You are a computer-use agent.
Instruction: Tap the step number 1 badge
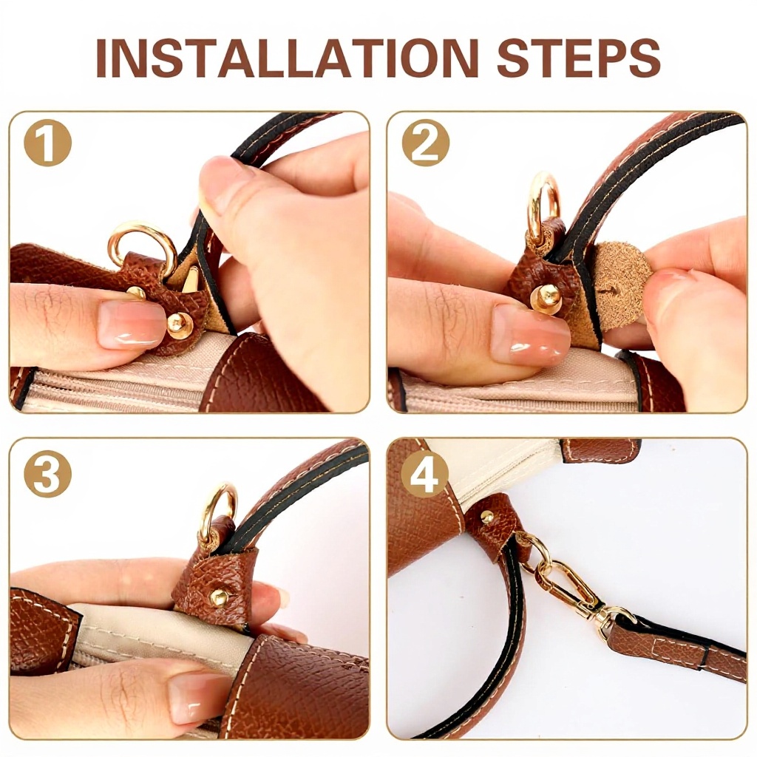pos(47,143)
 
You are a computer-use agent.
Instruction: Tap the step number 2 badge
pos(425,143)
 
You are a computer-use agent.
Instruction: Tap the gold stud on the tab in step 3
pos(219,597)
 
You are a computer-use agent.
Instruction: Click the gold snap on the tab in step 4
pos(487,517)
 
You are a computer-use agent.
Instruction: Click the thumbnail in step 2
pos(530,330)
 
